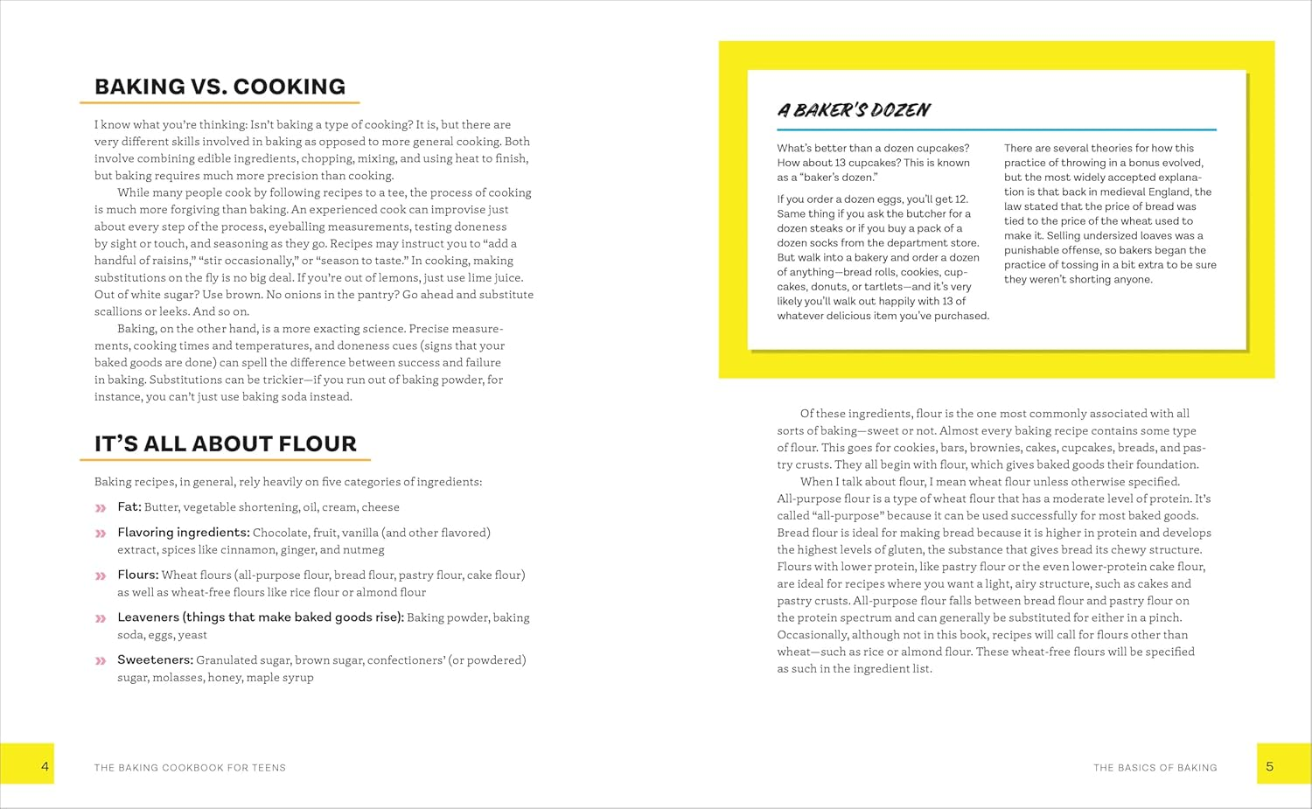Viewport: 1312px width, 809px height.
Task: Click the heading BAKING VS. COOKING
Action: [x=220, y=87]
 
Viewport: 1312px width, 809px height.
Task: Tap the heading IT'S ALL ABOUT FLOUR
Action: [x=225, y=443]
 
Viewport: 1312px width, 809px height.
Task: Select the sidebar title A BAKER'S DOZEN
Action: [x=853, y=110]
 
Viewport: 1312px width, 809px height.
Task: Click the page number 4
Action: [x=45, y=766]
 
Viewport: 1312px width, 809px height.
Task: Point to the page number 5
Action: [x=1269, y=766]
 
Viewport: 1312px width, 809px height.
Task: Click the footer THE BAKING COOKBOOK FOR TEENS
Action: [x=190, y=768]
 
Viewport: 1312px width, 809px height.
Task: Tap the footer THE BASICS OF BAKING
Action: [x=1155, y=768]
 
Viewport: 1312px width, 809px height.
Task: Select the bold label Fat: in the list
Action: [x=129, y=507]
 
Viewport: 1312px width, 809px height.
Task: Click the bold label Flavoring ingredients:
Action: [x=184, y=533]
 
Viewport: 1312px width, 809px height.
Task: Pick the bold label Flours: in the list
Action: [x=137, y=575]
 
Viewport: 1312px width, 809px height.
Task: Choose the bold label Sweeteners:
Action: [x=155, y=660]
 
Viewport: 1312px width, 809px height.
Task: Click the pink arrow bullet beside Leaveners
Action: [x=101, y=618]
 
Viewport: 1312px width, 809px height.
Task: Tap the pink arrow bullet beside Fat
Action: [x=101, y=508]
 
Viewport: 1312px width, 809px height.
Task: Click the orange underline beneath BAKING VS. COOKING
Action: [x=220, y=103]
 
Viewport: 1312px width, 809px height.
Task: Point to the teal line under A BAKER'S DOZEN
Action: [x=996, y=129]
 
